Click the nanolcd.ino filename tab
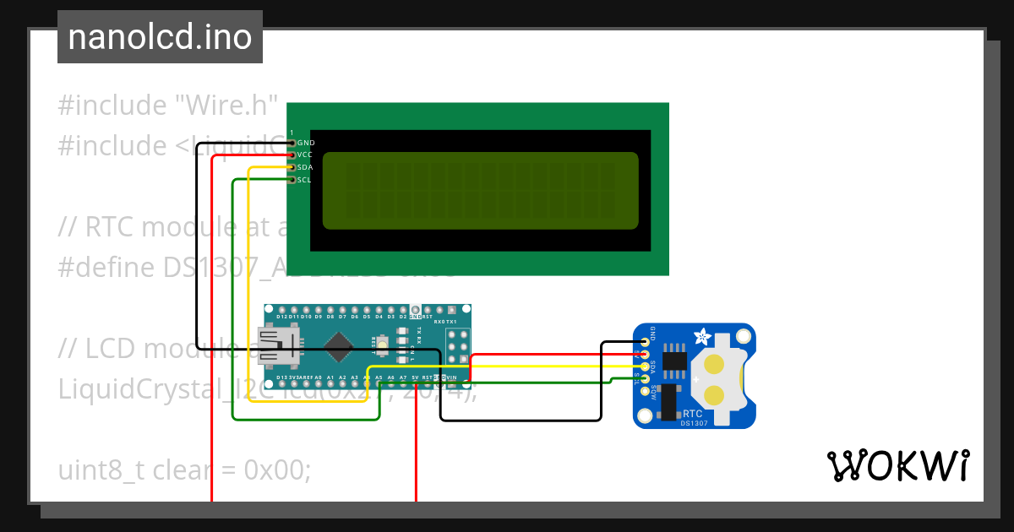pyautogui.click(x=160, y=37)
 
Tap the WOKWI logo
pyautogui.click(x=897, y=465)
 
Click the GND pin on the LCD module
pyautogui.click(x=292, y=143)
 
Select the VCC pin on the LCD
pyautogui.click(x=292, y=155)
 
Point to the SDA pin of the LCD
pyautogui.click(x=292, y=167)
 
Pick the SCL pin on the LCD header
pyautogui.click(x=292, y=180)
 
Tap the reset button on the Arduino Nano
pyautogui.click(x=384, y=343)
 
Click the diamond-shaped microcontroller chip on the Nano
pyautogui.click(x=339, y=344)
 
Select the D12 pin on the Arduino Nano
pyautogui.click(x=270, y=309)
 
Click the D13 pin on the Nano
pyautogui.click(x=270, y=377)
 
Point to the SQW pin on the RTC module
pyautogui.click(x=646, y=391)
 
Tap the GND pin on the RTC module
pyautogui.click(x=646, y=342)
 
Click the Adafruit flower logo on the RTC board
pyautogui.click(x=702, y=338)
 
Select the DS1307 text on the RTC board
pyautogui.click(x=694, y=423)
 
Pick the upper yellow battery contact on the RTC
pyautogui.click(x=715, y=365)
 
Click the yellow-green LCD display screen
pyautogui.click(x=480, y=190)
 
